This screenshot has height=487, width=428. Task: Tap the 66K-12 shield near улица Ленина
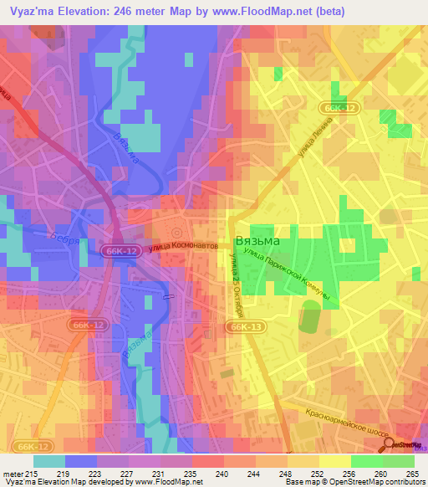[337, 108]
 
